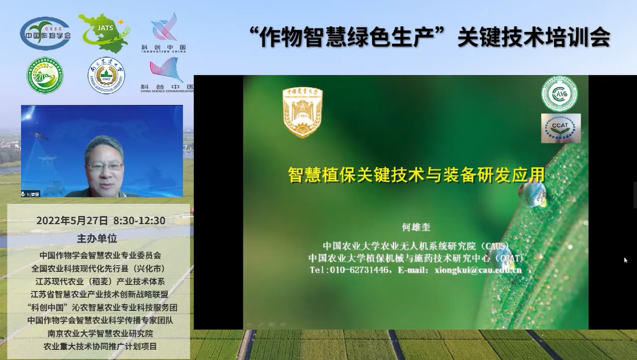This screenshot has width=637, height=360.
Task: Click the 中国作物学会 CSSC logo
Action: coord(45,33)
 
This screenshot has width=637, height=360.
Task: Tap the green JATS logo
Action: coord(104,33)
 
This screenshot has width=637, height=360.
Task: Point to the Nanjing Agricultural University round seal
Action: coord(106,75)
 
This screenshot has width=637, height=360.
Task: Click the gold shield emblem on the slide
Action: coord(303,112)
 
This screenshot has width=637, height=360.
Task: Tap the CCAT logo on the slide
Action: coord(561,128)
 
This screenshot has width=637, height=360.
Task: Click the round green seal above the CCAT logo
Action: coord(559,93)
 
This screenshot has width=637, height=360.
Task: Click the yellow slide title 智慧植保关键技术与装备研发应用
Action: coord(416,174)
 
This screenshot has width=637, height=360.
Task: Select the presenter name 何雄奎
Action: coord(416,227)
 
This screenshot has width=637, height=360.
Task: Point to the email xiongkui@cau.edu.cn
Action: coord(477,270)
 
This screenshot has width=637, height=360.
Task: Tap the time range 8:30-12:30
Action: coord(139,221)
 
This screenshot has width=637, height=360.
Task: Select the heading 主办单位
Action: coord(96,238)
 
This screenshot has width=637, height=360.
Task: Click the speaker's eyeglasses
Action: coord(105,167)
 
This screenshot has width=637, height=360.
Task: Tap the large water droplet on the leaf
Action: coord(535,195)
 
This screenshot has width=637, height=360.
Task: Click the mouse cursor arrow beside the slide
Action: coord(626,260)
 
